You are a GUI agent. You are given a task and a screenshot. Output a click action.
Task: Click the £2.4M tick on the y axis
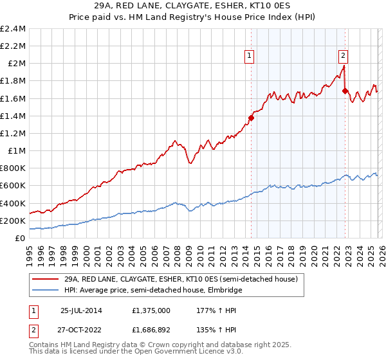pos(13,29)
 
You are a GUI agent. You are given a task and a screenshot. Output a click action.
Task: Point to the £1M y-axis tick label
pos(17,151)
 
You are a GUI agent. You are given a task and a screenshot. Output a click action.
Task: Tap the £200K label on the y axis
pos(13,221)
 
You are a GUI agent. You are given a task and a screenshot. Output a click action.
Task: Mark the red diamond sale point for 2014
pos(251,118)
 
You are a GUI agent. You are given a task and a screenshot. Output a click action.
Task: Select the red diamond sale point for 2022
pos(345,91)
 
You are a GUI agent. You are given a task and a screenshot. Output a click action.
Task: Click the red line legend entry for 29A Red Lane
pos(180,280)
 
